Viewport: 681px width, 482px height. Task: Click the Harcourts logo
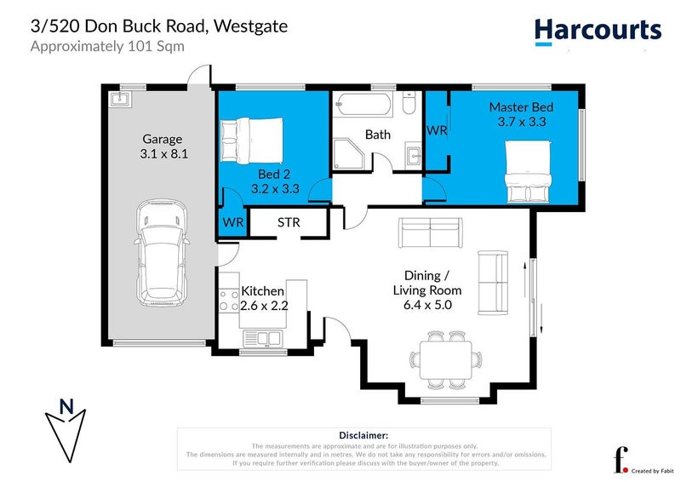[x=598, y=31]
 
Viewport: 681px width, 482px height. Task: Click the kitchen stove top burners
[x=229, y=301]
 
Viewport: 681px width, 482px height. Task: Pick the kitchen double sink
[x=263, y=339]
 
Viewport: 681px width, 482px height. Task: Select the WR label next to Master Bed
[x=437, y=130]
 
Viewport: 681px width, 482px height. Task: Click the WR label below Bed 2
[x=233, y=223]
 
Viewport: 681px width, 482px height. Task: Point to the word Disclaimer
[x=363, y=434]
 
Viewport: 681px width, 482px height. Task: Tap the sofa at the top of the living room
[x=431, y=232]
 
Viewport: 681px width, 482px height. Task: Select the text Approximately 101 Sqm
[x=107, y=46]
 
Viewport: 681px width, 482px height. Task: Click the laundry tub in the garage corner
[x=118, y=100]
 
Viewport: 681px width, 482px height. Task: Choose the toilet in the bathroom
[x=408, y=105]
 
